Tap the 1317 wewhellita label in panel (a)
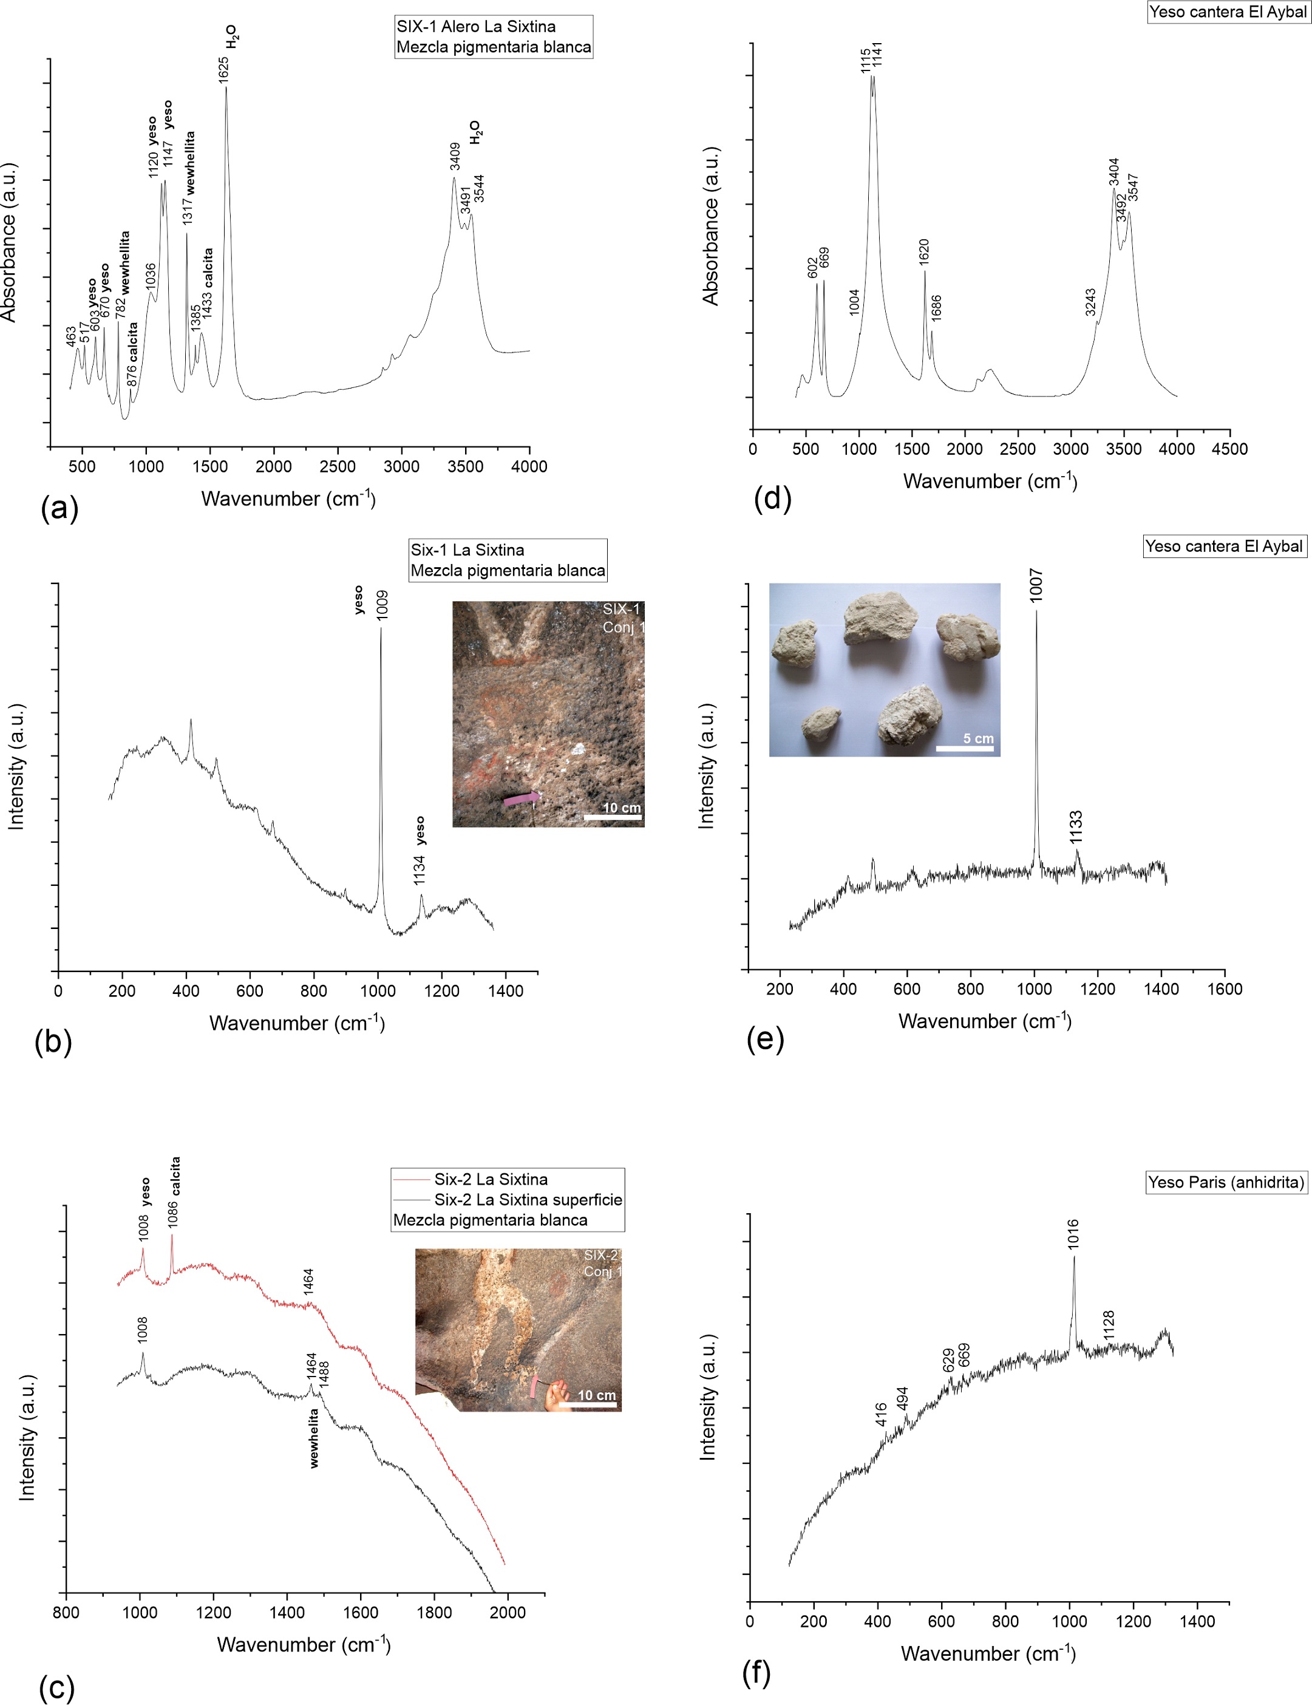188,180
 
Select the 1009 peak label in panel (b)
382,605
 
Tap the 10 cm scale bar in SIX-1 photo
612,817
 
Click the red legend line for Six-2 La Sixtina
410,1179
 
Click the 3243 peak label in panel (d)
1090,302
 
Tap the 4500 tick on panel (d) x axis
1230,449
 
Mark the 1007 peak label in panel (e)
1036,585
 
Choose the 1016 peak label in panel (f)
1073,1234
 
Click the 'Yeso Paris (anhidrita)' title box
1225,1183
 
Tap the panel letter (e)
764,1039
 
